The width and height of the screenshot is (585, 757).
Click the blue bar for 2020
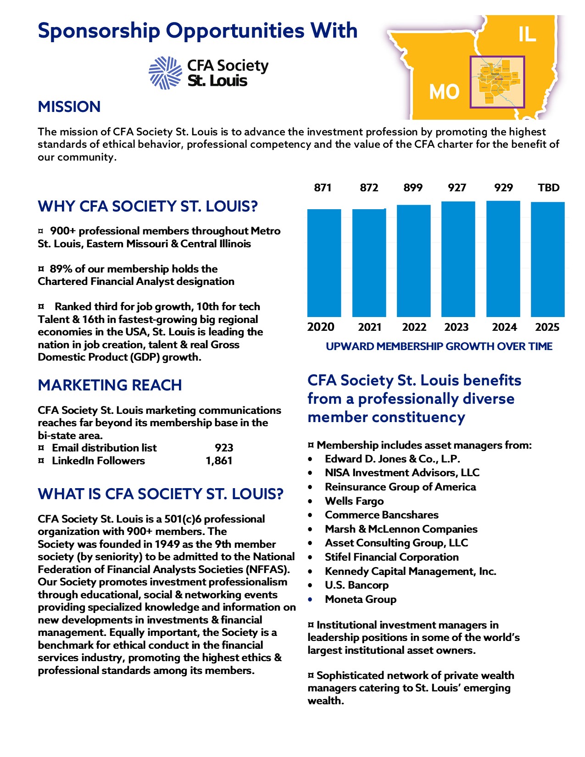(324, 263)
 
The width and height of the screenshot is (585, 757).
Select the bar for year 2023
(458, 259)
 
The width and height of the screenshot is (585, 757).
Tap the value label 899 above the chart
(413, 188)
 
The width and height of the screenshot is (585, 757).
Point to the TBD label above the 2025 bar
(548, 188)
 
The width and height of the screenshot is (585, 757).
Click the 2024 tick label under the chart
(504, 327)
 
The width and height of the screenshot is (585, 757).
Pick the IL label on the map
(527, 34)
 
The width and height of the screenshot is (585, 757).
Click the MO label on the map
(444, 92)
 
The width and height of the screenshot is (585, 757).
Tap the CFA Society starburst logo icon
(165, 72)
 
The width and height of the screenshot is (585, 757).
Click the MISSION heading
(69, 107)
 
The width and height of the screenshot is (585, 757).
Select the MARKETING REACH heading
(110, 385)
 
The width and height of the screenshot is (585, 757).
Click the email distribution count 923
(224, 448)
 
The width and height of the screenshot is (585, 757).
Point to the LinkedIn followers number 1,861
(219, 461)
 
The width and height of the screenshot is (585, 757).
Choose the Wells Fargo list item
(354, 501)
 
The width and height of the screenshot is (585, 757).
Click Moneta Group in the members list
(361, 599)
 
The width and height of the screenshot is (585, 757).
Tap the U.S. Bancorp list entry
(357, 585)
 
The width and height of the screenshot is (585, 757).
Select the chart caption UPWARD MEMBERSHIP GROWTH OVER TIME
(439, 346)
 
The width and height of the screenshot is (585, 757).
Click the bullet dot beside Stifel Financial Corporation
(311, 557)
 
